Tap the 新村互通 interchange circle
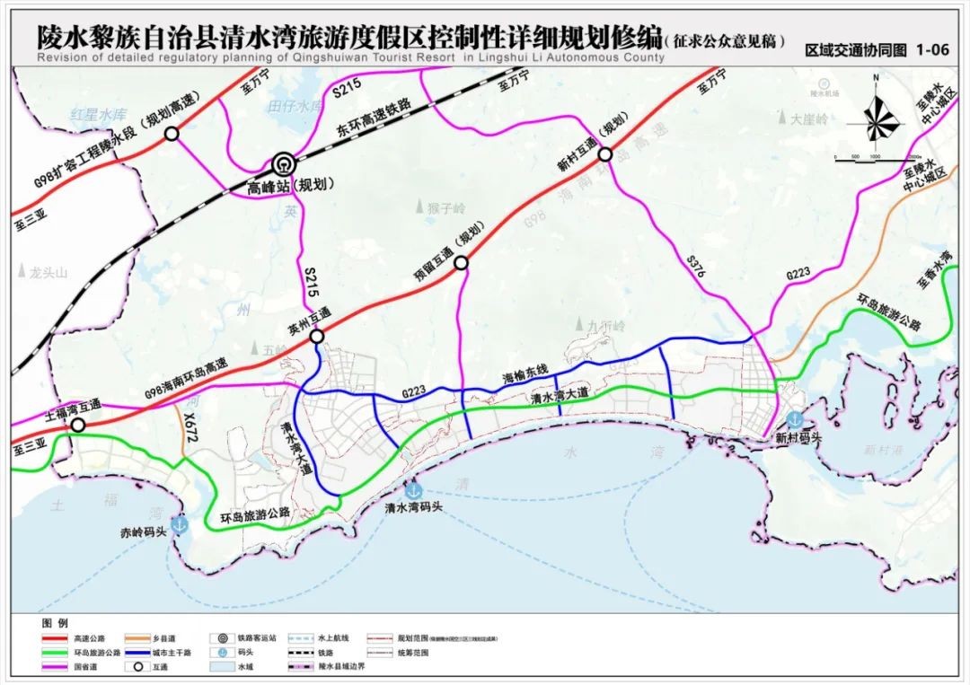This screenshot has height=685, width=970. pos(605,154)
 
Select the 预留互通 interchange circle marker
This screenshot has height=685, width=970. pos(461,263)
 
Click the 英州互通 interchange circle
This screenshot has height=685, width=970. pos(317,337)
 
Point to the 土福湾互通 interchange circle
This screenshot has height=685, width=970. pos(79,426)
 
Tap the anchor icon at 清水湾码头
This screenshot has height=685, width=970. pos(413,491)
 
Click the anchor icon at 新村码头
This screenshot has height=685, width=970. pos(794,419)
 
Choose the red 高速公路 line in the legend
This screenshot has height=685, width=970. pos(54,638)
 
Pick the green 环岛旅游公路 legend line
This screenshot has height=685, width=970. pos(54,653)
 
